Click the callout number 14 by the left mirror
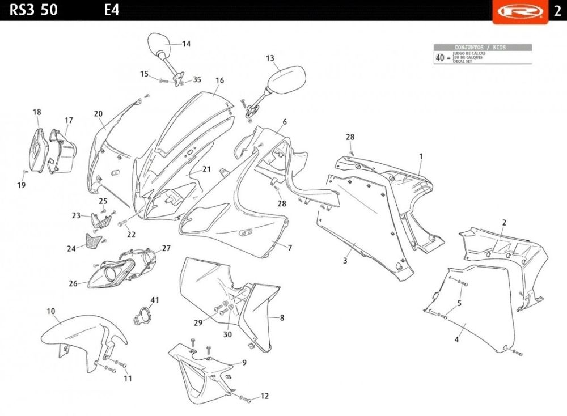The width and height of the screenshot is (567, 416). click(x=186, y=44)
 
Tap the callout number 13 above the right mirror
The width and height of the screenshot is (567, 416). click(x=270, y=58)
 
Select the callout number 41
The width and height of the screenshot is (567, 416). click(x=155, y=300)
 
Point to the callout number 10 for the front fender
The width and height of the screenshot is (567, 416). click(x=51, y=311)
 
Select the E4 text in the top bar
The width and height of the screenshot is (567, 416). click(x=112, y=10)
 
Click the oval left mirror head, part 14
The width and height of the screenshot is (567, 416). click(x=158, y=45)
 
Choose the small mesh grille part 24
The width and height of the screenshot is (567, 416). click(x=94, y=241)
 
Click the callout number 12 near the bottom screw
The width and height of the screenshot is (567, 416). click(x=264, y=396)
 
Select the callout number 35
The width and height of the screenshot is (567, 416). click(x=197, y=79)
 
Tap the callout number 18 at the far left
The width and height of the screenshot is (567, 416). click(x=37, y=112)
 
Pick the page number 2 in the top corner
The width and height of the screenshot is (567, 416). click(x=557, y=10)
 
